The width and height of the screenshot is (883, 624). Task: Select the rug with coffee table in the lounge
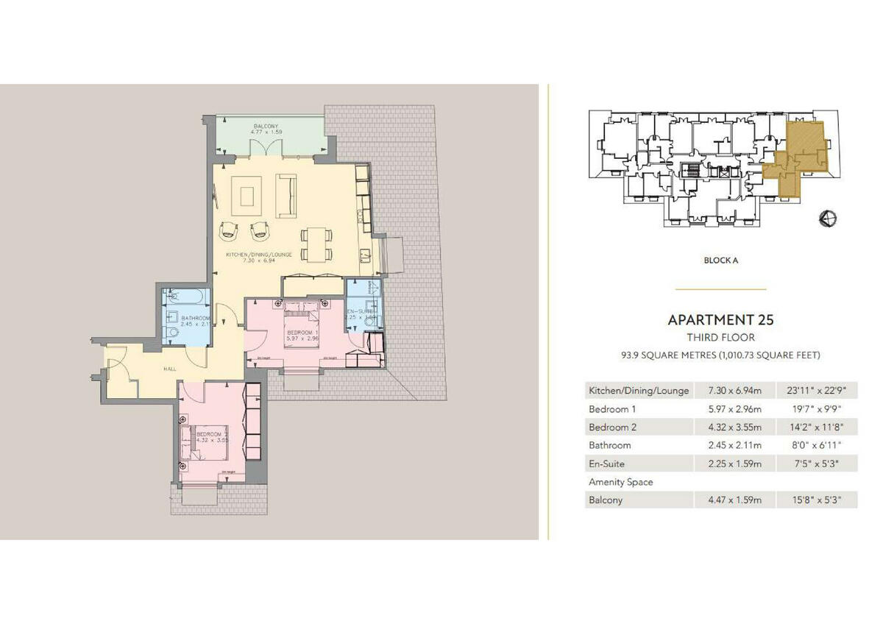[245, 196]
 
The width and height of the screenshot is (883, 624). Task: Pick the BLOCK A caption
[720, 260]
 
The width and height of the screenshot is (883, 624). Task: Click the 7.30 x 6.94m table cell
[733, 391]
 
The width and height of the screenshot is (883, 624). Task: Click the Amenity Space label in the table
[620, 482]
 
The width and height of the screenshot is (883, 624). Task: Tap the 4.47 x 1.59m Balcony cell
[733, 500]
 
